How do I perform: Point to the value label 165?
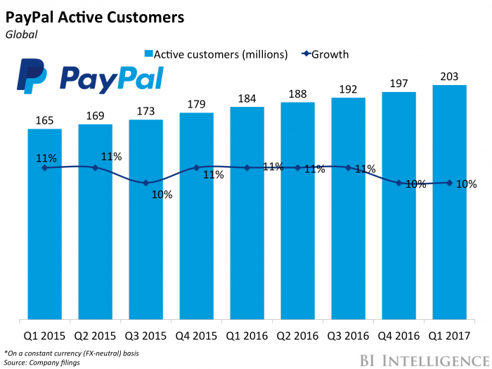click(45, 121)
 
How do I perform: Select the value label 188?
click(298, 94)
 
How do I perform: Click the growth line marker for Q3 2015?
click(146, 183)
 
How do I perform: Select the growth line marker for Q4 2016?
click(399, 183)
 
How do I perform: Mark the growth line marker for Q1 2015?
click(45, 167)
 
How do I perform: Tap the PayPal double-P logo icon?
click(32, 77)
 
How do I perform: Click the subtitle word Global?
click(21, 32)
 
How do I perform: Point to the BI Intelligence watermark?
click(417, 358)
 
